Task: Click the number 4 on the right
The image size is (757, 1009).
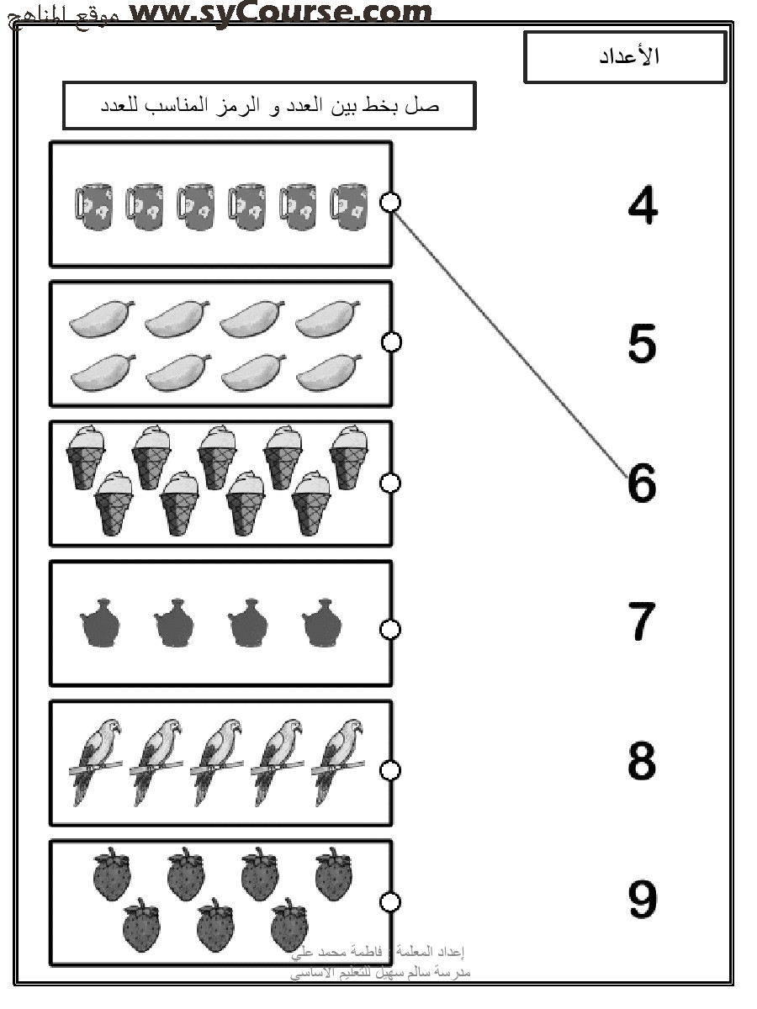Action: pos(643,205)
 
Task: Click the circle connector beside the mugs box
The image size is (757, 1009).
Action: pos(390,202)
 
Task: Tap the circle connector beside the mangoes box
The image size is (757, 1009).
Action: pos(390,341)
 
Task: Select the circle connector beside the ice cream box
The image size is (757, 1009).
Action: pos(390,482)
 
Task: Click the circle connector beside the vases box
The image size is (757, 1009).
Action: pos(390,629)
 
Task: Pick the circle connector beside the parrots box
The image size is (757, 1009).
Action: pos(390,769)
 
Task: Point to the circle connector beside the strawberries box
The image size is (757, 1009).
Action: pos(390,901)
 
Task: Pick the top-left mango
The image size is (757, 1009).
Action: pos(100,320)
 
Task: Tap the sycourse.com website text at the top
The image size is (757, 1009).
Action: pos(282,13)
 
